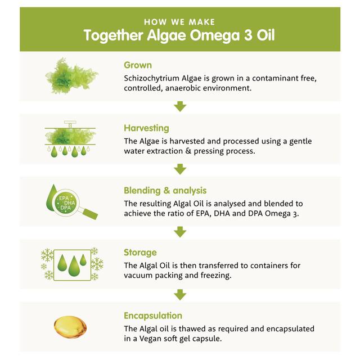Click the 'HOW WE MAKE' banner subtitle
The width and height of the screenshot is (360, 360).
point(180,22)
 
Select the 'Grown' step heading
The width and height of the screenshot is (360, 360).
point(138,65)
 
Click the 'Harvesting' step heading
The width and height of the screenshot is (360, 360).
point(146,128)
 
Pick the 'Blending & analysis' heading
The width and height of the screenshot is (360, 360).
point(165,191)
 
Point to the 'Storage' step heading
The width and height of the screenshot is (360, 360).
point(140,253)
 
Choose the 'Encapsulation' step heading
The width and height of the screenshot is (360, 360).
point(153,316)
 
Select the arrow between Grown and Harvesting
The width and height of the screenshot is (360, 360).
point(180,106)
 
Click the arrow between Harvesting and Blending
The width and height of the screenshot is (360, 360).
point(180,169)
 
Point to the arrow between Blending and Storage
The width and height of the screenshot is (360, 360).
point(180,231)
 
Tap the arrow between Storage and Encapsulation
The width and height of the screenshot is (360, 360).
point(180,294)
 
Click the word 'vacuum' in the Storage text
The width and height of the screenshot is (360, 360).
point(140,276)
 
